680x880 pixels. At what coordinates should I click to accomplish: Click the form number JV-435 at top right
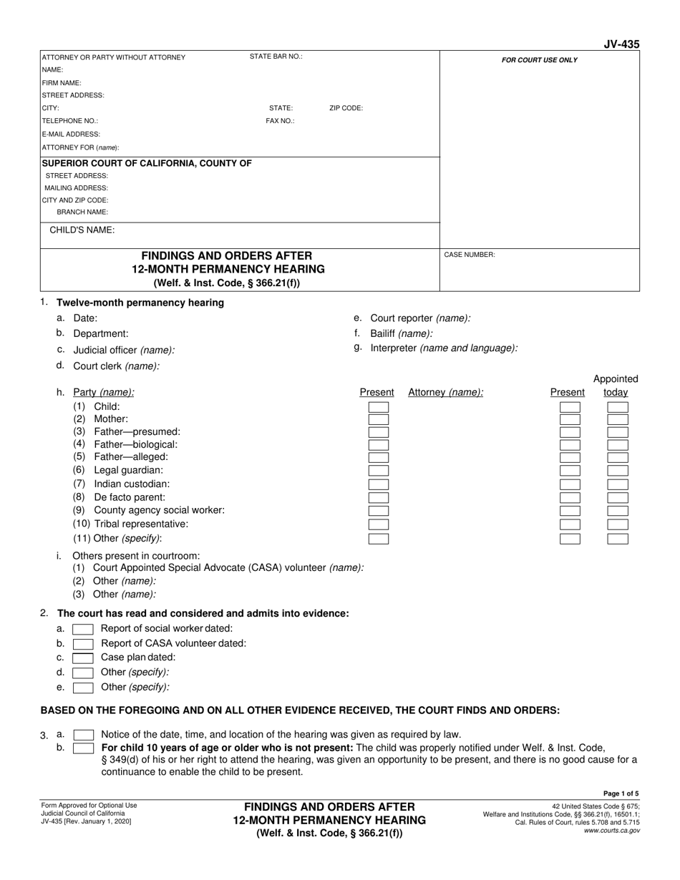pyautogui.click(x=621, y=44)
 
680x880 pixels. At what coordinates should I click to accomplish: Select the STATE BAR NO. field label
pyautogui.click(x=276, y=57)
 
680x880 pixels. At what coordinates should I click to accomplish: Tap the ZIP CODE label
pyautogui.click(x=346, y=108)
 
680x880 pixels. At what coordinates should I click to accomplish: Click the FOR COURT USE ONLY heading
pyautogui.click(x=539, y=60)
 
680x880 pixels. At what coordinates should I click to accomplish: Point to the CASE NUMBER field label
pyautogui.click(x=470, y=255)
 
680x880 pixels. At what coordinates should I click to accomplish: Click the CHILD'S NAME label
pyautogui.click(x=82, y=230)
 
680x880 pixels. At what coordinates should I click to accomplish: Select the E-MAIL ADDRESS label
pyautogui.click(x=71, y=134)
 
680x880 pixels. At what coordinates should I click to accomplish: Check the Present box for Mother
pyautogui.click(x=379, y=420)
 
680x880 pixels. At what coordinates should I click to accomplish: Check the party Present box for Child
pyautogui.click(x=379, y=407)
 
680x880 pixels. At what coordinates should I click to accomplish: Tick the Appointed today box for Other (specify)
pyautogui.click(x=617, y=539)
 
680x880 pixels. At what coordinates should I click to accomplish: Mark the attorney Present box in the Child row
pyautogui.click(x=570, y=407)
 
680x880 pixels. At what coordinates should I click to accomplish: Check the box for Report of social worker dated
pyautogui.click(x=83, y=629)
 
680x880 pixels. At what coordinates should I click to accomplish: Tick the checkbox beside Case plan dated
pyautogui.click(x=83, y=658)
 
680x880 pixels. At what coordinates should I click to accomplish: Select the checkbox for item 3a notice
pyautogui.click(x=83, y=735)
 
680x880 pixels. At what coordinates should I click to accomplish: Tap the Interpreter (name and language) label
pyautogui.click(x=444, y=348)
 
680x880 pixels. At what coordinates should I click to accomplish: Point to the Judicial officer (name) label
pyautogui.click(x=124, y=351)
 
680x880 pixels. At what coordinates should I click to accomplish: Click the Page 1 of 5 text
pyautogui.click(x=622, y=793)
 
